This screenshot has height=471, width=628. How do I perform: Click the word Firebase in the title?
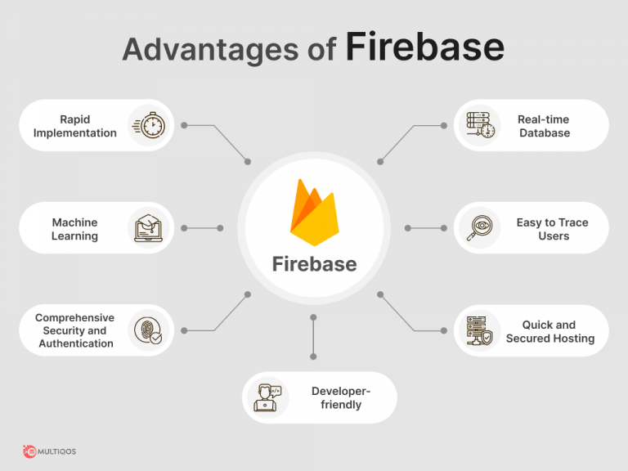(x=424, y=48)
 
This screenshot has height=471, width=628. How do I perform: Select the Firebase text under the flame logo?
(x=314, y=264)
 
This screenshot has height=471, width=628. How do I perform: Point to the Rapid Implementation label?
(x=75, y=126)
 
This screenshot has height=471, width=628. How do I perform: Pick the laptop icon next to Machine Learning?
(x=150, y=228)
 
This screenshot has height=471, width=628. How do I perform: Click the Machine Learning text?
(x=74, y=229)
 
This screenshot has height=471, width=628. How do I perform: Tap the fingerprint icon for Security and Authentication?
(x=149, y=330)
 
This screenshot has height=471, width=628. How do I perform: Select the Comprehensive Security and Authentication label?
(x=75, y=330)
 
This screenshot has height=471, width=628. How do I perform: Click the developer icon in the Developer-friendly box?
(x=268, y=397)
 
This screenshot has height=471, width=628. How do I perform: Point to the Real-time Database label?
(x=544, y=126)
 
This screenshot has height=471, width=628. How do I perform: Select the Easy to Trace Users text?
(x=553, y=229)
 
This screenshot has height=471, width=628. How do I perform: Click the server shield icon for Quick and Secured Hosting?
(x=479, y=330)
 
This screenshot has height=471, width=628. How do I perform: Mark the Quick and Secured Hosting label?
(x=549, y=331)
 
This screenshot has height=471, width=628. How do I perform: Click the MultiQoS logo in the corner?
(x=50, y=451)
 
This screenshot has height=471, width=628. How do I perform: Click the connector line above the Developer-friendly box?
(x=313, y=337)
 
